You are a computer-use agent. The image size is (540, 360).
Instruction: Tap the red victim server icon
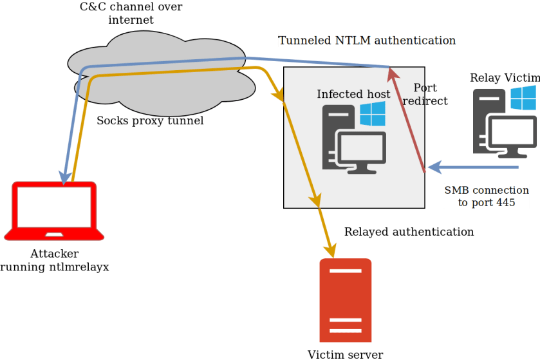(346, 300)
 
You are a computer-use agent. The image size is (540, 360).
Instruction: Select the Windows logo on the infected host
(372, 115)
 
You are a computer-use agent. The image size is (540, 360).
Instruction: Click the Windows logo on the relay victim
(523, 98)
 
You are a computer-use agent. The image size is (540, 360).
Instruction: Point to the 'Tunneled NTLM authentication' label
(367, 41)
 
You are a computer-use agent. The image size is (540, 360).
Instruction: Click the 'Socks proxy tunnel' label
(150, 120)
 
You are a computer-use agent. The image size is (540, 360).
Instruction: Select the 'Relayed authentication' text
(409, 231)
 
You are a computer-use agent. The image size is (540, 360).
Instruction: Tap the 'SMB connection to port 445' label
(487, 196)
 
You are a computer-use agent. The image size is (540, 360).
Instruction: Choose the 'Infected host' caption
(353, 94)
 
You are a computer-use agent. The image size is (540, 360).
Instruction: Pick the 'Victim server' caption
(345, 354)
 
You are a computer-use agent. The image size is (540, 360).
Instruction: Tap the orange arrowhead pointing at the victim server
(331, 248)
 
